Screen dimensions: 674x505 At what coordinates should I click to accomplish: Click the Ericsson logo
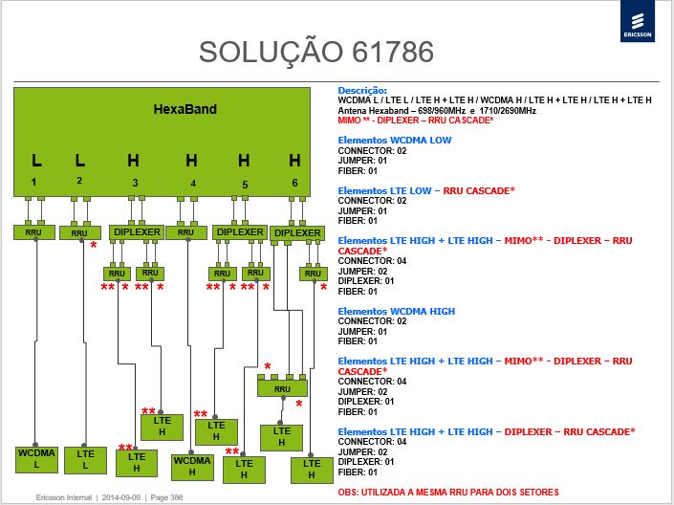[637, 21]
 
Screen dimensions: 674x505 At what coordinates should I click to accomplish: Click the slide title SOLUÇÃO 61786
[315, 52]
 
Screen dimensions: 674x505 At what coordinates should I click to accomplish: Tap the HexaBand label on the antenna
[185, 109]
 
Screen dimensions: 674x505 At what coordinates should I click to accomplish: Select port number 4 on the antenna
[193, 184]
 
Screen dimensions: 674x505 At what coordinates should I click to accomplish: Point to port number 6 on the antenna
[294, 183]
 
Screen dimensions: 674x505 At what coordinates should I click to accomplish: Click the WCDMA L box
[36, 459]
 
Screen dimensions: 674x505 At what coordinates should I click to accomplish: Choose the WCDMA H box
[192, 467]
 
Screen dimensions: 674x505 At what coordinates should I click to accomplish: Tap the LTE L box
[85, 460]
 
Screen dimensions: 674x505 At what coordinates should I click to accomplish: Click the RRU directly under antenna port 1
[34, 232]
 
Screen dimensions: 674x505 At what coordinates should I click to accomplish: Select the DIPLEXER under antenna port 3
[137, 232]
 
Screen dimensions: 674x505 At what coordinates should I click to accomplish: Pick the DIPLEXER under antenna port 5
[240, 232]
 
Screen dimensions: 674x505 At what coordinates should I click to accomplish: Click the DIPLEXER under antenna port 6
[297, 233]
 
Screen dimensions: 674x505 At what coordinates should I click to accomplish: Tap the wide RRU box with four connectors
[282, 388]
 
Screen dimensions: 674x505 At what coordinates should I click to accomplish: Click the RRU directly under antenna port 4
[186, 232]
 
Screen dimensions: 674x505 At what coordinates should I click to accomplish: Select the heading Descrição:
[362, 90]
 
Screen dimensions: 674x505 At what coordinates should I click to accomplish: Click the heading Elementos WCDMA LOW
[395, 141]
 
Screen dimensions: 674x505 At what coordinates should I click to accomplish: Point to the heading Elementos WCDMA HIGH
[397, 312]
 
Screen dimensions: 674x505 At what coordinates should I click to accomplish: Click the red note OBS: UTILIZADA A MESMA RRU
[448, 493]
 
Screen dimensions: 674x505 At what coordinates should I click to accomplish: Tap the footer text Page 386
[166, 497]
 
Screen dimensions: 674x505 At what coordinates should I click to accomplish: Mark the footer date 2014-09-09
[121, 497]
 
